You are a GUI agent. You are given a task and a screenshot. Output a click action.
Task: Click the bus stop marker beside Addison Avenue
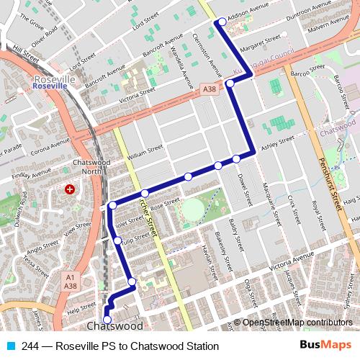221,22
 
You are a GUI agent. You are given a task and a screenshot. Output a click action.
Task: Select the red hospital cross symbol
70,189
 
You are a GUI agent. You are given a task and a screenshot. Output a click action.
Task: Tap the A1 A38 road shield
70,282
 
